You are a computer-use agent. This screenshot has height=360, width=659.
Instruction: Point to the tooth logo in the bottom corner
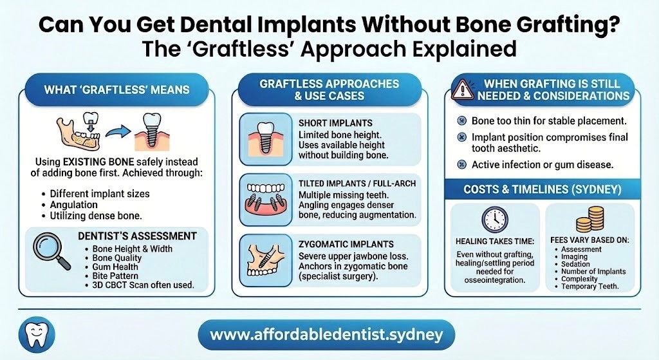[x=37, y=336]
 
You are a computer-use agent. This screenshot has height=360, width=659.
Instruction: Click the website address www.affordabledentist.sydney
[x=326, y=336]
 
